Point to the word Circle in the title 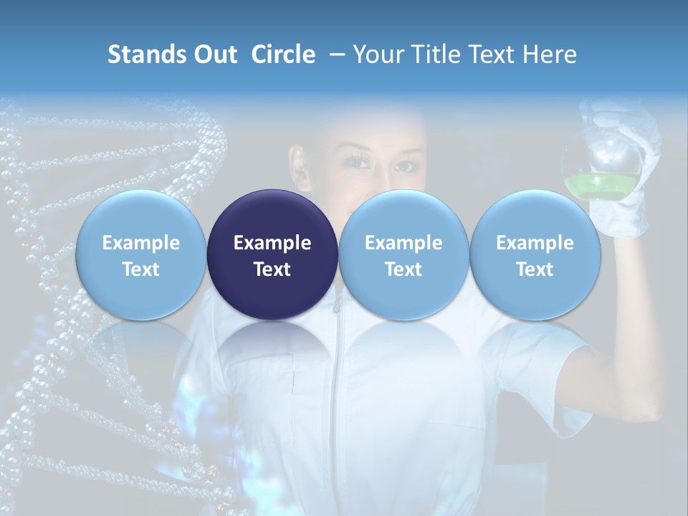point(283,54)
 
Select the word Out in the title point(217,54)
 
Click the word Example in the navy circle point(272,243)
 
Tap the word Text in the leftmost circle point(141,269)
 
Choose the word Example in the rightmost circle point(535,243)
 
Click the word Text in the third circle point(403,269)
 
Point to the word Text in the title point(498,54)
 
